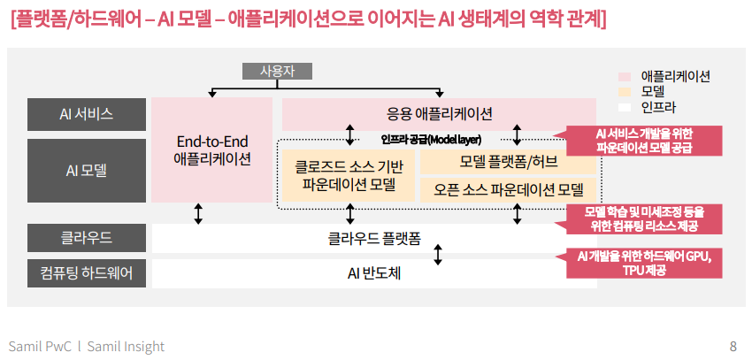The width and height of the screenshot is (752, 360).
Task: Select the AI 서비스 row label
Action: pyautogui.click(x=86, y=113)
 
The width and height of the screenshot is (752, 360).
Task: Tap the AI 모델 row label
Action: pyautogui.click(x=86, y=169)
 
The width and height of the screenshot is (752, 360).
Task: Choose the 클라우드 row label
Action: pyautogui.click(x=86, y=237)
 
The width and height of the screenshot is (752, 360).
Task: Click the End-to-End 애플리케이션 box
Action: pyautogui.click(x=212, y=149)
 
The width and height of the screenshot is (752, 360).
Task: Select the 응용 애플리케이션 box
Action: pyautogui.click(x=439, y=113)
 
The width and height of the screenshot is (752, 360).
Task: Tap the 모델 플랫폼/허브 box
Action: pyautogui.click(x=507, y=162)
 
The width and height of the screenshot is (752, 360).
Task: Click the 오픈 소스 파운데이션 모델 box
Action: pyautogui.click(x=507, y=188)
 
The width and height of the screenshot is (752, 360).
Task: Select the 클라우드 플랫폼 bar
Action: pyautogui.click(x=374, y=237)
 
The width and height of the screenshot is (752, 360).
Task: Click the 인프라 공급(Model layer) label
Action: pyautogui.click(x=431, y=139)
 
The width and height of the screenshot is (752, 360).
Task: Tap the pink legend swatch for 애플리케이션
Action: pyautogui.click(x=625, y=77)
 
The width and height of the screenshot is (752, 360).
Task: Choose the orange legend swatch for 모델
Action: pyautogui.click(x=625, y=92)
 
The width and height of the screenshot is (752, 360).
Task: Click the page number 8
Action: pyautogui.click(x=733, y=346)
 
